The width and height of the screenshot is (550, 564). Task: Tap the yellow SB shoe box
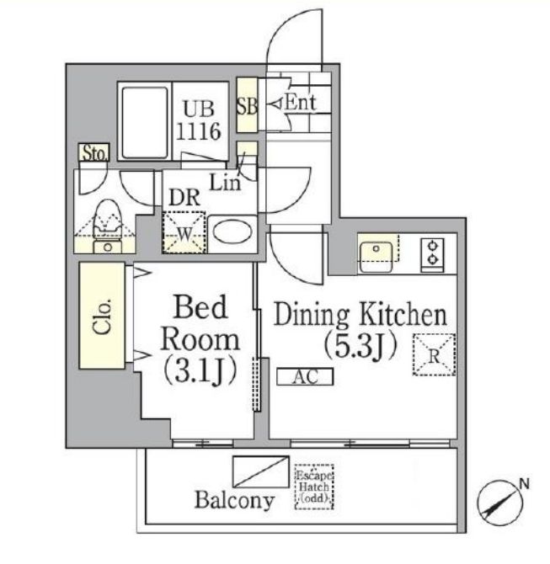click(247, 107)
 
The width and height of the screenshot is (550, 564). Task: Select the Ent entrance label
click(298, 104)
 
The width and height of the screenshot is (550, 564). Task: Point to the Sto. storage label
click(95, 153)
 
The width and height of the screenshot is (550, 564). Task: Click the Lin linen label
click(225, 180)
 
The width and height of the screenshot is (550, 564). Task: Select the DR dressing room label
click(184, 196)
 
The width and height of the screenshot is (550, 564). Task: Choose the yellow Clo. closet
click(102, 315)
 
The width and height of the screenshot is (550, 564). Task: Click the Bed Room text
click(200, 324)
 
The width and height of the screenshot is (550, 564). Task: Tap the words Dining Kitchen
click(359, 317)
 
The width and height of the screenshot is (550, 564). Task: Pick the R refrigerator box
click(434, 354)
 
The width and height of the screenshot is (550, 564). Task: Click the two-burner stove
click(434, 253)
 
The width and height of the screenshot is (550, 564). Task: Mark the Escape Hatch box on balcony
click(313, 487)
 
